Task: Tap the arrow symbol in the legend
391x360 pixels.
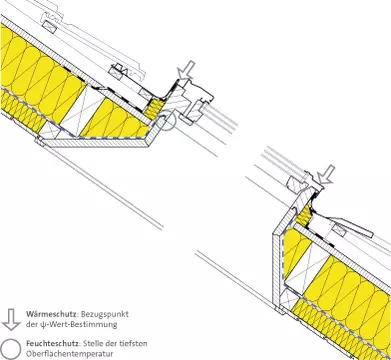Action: pyautogui.click(x=11, y=319)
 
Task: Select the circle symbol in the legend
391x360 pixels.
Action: pyautogui.click(x=11, y=350)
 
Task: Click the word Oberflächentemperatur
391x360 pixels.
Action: pyautogui.click(x=69, y=354)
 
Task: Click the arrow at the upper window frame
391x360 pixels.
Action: pyautogui.click(x=186, y=71)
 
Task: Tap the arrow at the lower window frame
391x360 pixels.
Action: pyautogui.click(x=326, y=174)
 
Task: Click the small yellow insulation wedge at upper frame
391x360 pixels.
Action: pyautogui.click(x=155, y=108)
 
